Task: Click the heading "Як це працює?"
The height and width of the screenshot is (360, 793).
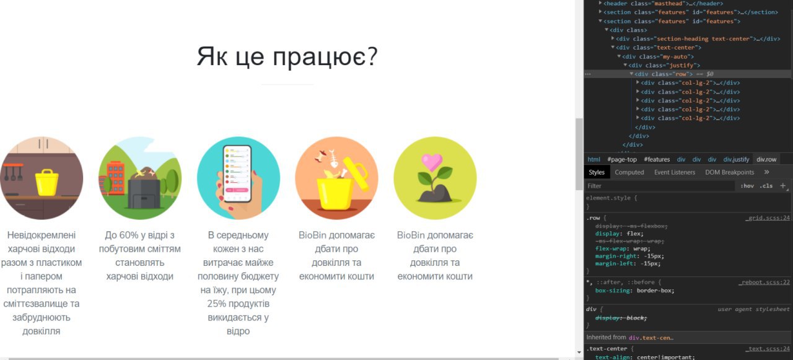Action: (x=287, y=56)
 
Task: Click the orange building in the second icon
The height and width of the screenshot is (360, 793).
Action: (x=115, y=177)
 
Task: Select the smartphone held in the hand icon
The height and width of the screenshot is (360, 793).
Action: (x=237, y=173)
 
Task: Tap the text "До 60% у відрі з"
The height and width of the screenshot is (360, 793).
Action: (x=140, y=235)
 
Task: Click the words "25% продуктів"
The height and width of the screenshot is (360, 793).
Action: (x=239, y=304)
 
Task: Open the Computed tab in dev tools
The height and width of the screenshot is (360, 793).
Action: (x=629, y=172)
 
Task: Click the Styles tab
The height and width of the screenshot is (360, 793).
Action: (x=597, y=172)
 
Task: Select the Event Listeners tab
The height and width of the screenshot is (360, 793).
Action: (x=675, y=172)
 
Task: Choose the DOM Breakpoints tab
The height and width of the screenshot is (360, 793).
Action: (x=729, y=172)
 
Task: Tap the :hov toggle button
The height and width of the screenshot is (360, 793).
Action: (x=747, y=186)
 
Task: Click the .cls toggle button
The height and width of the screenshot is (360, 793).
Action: (x=766, y=186)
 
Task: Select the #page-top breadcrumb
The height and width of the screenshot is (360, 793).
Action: (x=621, y=159)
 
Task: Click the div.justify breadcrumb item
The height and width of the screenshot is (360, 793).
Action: (x=736, y=159)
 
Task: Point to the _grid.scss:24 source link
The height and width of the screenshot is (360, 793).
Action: (x=768, y=218)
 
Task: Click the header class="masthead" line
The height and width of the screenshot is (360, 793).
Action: (x=663, y=4)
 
